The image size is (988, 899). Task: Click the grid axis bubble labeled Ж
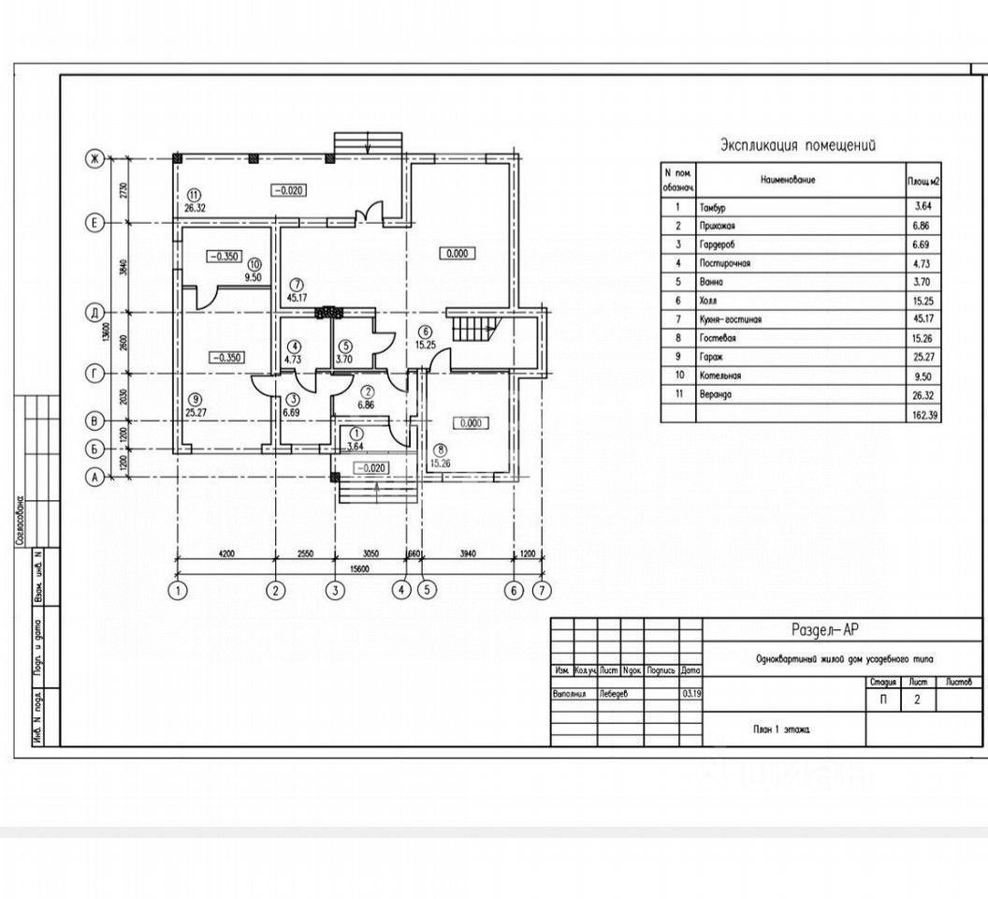click(94, 159)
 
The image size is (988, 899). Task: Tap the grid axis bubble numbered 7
click(540, 590)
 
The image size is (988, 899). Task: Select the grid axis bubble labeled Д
click(94, 312)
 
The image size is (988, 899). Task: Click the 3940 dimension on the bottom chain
click(468, 554)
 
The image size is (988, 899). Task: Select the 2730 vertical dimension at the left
click(111, 191)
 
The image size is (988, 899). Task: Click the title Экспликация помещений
click(797, 145)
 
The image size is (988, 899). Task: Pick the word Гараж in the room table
click(711, 357)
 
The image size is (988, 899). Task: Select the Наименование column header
click(787, 179)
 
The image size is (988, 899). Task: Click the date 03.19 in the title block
click(690, 694)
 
